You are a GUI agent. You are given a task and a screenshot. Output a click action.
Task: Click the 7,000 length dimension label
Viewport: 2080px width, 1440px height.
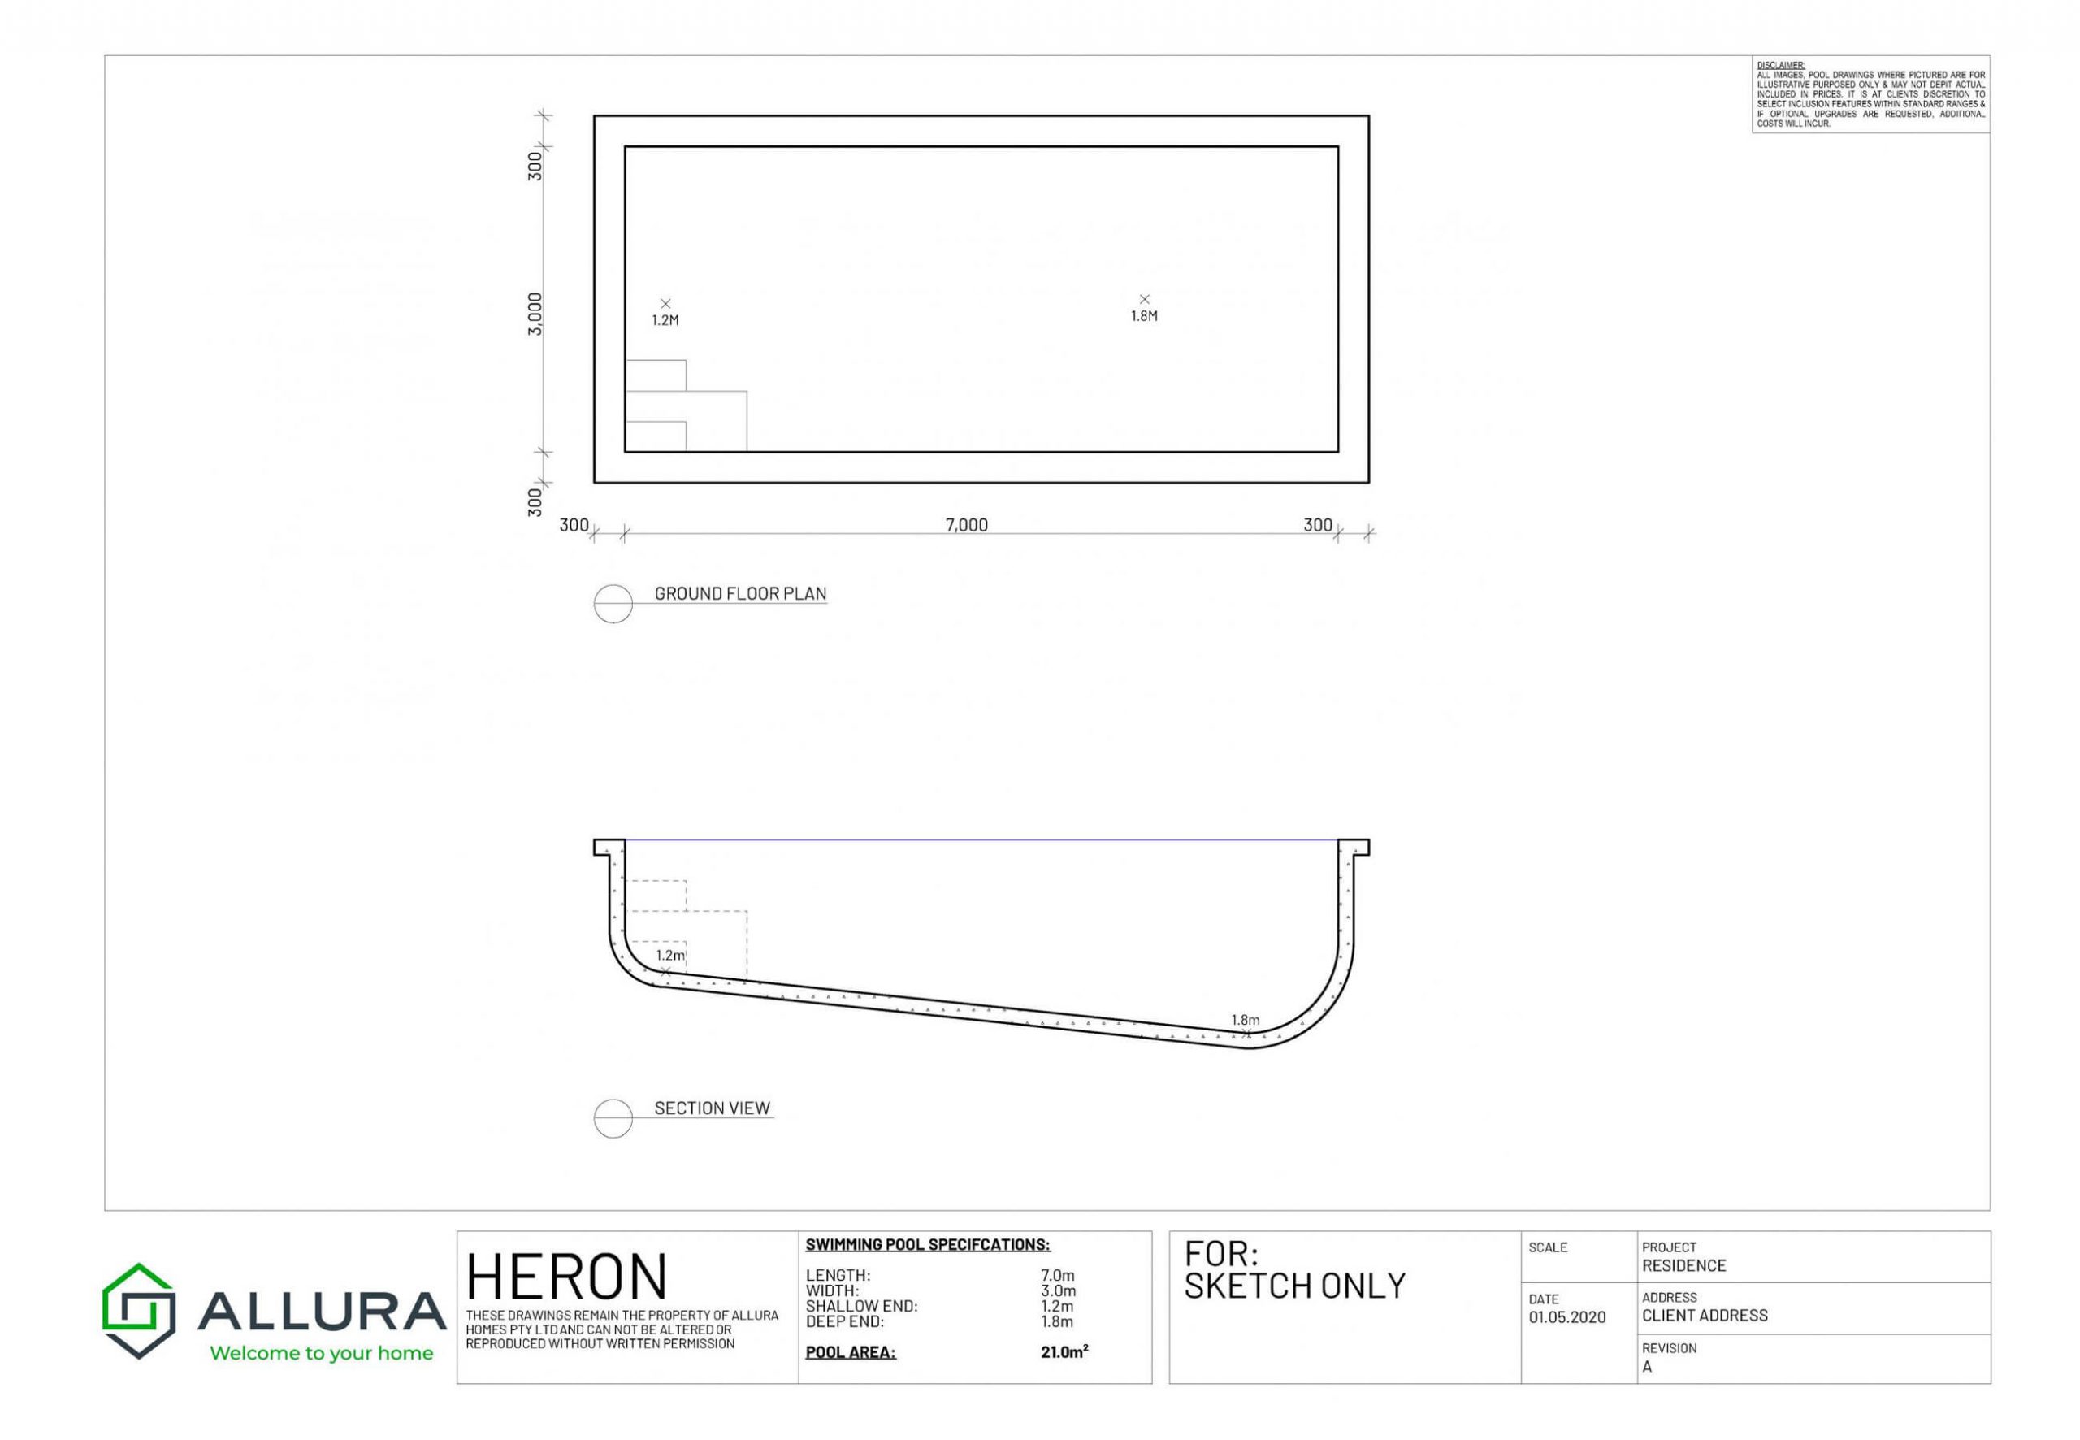(x=966, y=525)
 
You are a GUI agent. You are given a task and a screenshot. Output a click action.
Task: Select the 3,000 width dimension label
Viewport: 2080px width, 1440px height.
(x=535, y=314)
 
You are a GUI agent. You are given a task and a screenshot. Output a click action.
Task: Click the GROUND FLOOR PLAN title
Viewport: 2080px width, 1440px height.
(x=740, y=594)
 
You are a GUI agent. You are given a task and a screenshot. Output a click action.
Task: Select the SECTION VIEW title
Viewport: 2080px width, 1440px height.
(x=713, y=1108)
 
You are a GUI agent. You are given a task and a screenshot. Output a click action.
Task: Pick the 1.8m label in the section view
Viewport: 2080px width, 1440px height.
(x=1246, y=1020)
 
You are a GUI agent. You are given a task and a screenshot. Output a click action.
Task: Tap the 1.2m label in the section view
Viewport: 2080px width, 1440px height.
(x=670, y=955)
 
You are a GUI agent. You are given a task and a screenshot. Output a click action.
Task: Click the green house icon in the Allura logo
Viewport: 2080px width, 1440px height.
(x=139, y=1310)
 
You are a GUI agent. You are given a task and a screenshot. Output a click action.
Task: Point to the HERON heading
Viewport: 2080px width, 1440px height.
(x=566, y=1277)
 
